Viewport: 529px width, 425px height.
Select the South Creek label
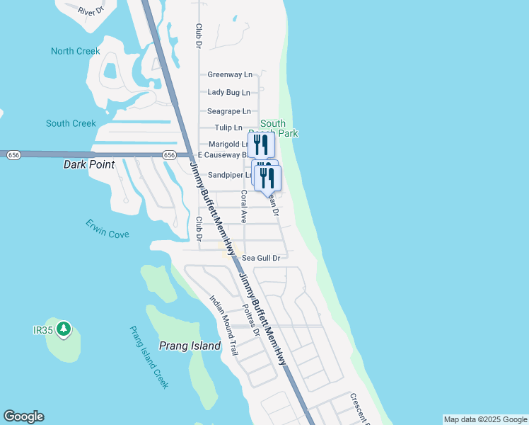click(71, 123)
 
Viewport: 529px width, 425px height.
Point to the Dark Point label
click(89, 164)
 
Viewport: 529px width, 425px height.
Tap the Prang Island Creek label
click(149, 357)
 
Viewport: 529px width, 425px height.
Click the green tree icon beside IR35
click(64, 329)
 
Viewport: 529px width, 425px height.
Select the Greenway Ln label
click(230, 74)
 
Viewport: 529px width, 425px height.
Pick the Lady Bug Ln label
click(228, 92)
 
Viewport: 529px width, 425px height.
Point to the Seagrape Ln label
click(228, 111)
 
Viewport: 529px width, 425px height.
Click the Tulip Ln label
click(228, 128)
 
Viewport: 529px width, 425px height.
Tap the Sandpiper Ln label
click(230, 175)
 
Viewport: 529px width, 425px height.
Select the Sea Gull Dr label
click(261, 259)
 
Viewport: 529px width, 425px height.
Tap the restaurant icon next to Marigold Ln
click(260, 144)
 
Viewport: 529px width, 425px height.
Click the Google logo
click(23, 416)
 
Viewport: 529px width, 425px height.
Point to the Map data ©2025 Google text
click(485, 419)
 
